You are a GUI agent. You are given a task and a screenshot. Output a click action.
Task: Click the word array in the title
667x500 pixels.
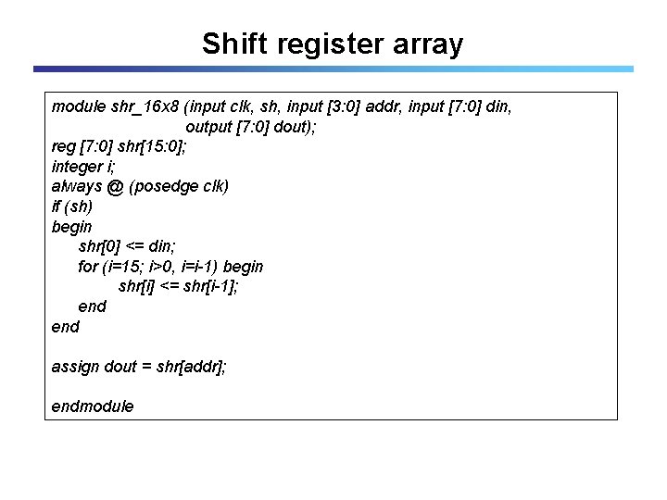point(430,44)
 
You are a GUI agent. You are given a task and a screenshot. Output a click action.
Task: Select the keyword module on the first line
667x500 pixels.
point(79,106)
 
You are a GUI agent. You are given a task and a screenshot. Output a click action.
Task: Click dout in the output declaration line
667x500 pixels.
point(294,127)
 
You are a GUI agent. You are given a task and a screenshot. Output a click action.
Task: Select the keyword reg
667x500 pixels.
point(64,146)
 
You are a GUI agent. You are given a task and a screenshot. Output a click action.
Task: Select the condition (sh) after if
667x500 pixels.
point(79,206)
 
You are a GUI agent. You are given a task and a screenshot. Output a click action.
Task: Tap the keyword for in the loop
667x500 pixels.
point(88,267)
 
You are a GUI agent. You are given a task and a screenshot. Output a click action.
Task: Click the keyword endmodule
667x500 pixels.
point(93,406)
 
